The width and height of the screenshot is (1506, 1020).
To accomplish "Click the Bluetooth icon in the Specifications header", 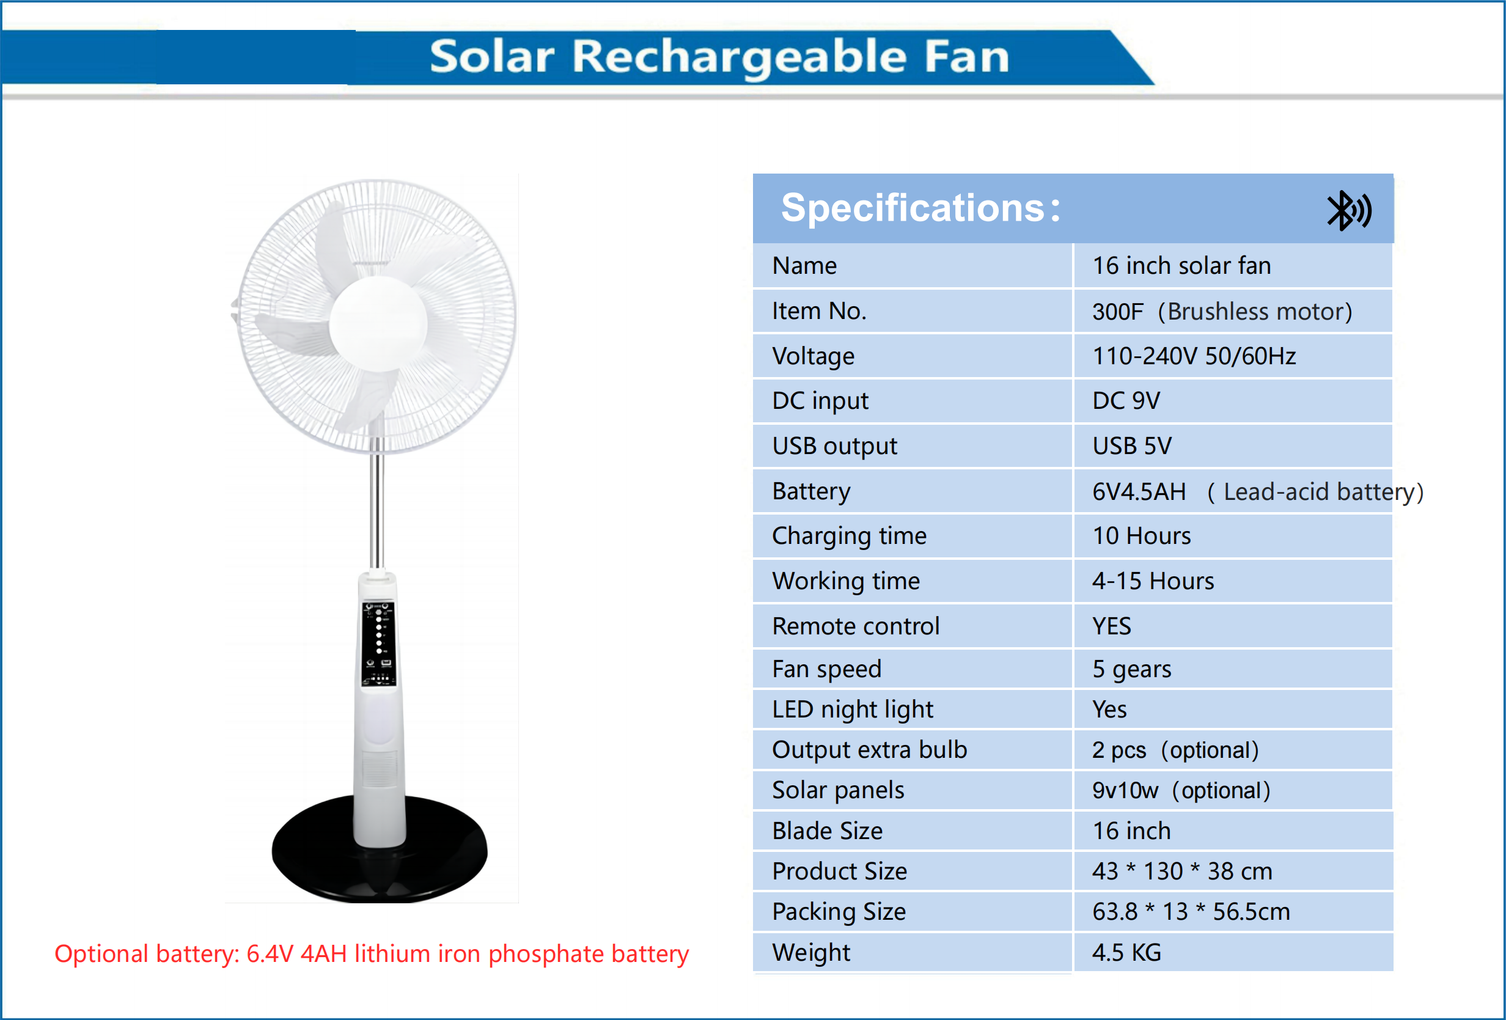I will click(1348, 211).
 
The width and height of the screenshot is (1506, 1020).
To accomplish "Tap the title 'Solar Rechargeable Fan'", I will click(719, 56).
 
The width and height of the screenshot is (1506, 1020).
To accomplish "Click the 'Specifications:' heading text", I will click(920, 208).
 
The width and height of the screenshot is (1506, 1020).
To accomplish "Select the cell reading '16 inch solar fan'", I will click(1181, 266).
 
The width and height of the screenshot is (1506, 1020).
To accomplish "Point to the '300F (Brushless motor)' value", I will click(1222, 312).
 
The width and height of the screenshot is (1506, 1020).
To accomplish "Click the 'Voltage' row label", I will click(814, 356).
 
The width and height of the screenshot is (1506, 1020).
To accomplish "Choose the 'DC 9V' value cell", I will click(1126, 401).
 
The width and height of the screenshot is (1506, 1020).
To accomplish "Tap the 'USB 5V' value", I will click(1132, 447).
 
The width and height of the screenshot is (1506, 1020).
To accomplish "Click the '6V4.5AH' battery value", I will click(1139, 492).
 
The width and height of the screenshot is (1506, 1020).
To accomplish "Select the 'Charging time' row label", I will click(849, 537).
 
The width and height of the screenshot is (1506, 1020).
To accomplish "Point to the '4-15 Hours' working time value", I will click(1153, 581).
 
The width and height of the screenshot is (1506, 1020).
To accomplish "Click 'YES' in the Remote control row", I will click(1111, 626).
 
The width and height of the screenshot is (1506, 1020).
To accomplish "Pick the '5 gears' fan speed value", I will click(1131, 669).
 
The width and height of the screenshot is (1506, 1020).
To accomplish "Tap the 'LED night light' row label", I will click(852, 710).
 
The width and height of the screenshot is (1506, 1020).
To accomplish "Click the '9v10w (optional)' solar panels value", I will click(1181, 791).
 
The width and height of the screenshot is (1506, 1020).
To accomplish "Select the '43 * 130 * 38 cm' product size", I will click(1182, 871).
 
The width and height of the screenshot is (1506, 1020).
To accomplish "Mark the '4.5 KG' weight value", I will click(1126, 953).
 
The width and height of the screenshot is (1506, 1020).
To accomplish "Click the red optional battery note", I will click(372, 954).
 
